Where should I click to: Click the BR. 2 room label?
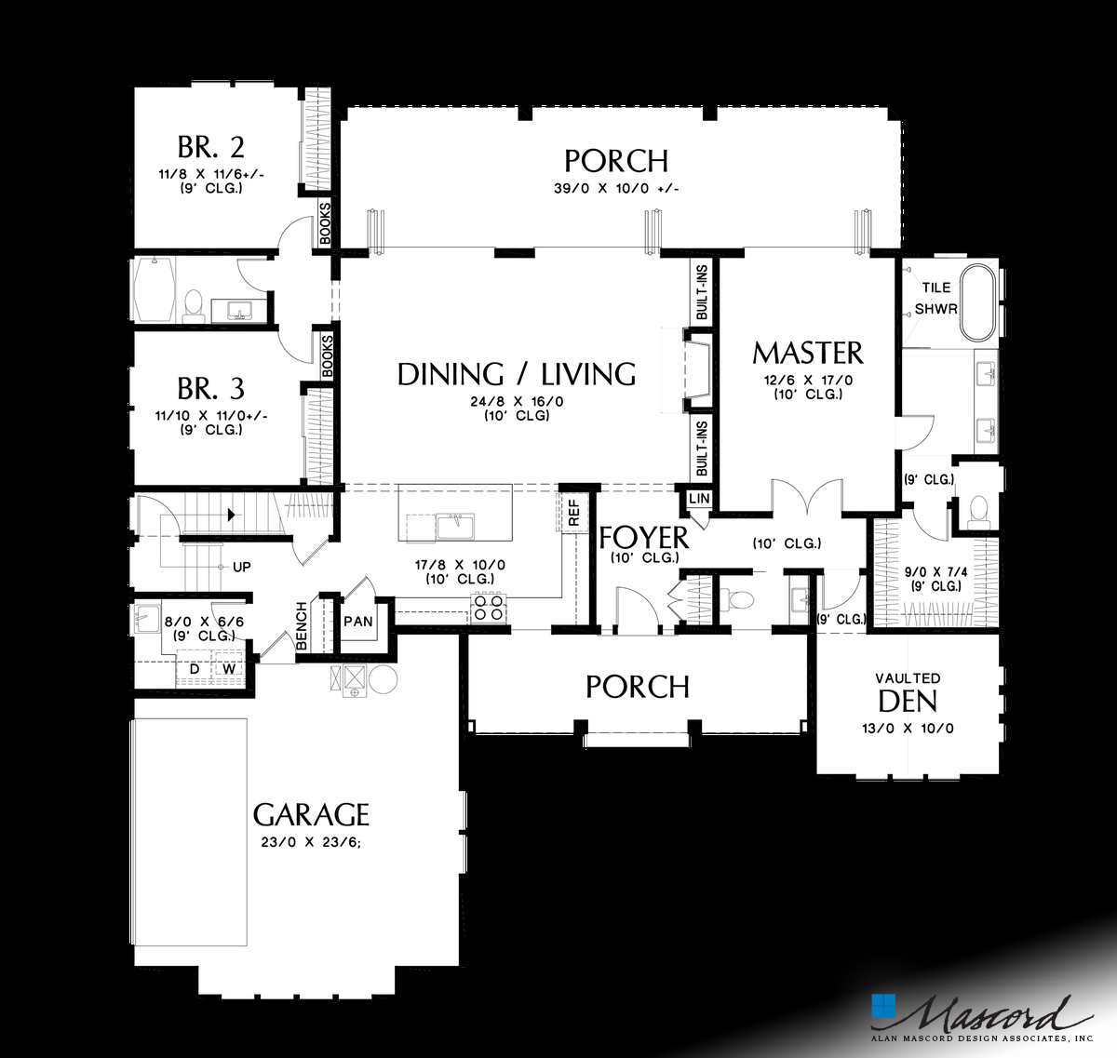tap(210, 147)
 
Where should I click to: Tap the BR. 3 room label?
tap(210, 388)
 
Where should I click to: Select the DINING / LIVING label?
tap(516, 374)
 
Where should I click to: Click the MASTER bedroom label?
tap(807, 353)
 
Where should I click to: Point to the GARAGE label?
tap(311, 815)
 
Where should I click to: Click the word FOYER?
tap(644, 537)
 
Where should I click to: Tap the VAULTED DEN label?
tap(908, 691)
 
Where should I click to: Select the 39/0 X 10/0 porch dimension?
tap(622, 188)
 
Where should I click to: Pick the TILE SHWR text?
tap(935, 299)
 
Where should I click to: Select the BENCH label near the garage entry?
tap(301, 625)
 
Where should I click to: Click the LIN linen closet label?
tap(699, 500)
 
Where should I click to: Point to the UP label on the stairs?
tap(241, 566)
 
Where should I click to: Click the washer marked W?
tap(227, 668)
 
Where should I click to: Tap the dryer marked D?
tap(195, 668)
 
